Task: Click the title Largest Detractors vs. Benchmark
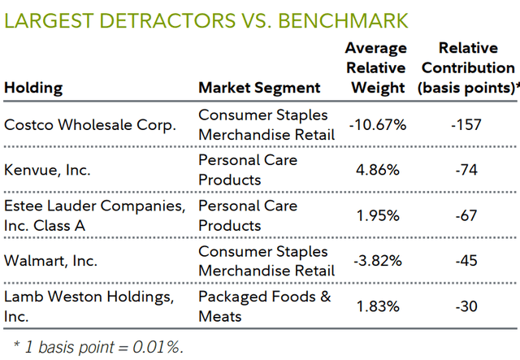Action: click(206, 19)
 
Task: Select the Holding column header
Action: click(33, 88)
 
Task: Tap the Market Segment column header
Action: click(259, 88)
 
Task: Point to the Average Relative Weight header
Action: click(375, 68)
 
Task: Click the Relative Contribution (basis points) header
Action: click(467, 68)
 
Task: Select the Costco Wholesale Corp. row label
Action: click(90, 125)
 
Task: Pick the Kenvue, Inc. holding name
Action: click(48, 171)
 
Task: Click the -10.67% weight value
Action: click(376, 125)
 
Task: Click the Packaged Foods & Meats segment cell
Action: click(265, 306)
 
